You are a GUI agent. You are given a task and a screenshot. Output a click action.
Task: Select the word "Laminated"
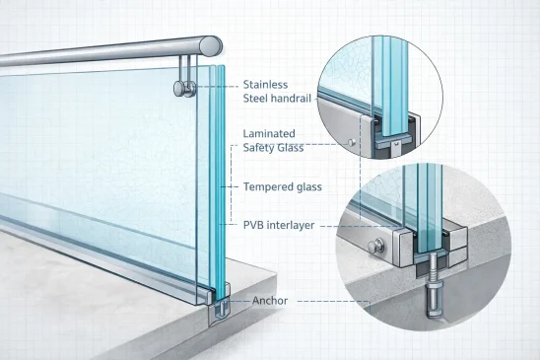coord(271,133)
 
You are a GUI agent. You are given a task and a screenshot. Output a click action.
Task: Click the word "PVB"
coord(253,225)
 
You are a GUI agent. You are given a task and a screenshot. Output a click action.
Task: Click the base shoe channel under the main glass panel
coord(216,296)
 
